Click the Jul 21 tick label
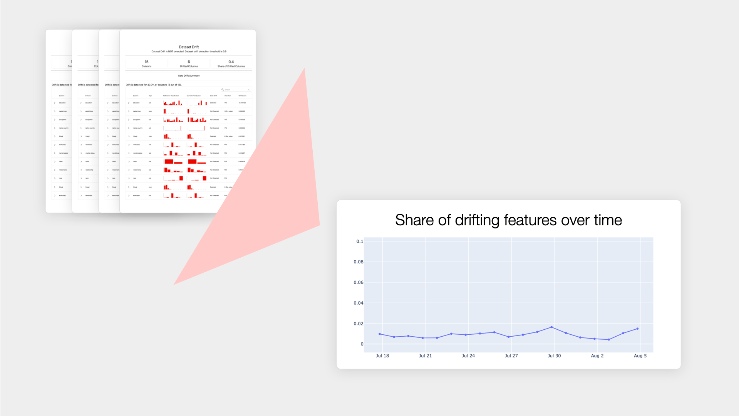pos(425,356)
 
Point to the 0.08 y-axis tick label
pos(358,262)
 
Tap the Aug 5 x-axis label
pos(640,356)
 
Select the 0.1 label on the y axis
pos(360,242)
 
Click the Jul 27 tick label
pos(511,356)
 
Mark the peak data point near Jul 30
pos(551,327)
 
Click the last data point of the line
pos(637,329)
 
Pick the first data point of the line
pos(380,334)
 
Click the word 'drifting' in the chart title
pos(477,220)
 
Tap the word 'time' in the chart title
pos(608,220)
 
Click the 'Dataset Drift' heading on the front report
pos(189,47)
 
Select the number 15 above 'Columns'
pos(146,62)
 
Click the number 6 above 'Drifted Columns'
pos(189,62)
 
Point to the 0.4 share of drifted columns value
pos(231,62)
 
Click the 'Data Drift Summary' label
pos(189,75)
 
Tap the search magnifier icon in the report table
pos(223,90)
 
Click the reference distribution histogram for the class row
pos(173,161)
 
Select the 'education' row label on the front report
pos(136,103)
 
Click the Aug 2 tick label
pos(597,356)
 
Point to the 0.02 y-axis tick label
pos(358,324)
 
